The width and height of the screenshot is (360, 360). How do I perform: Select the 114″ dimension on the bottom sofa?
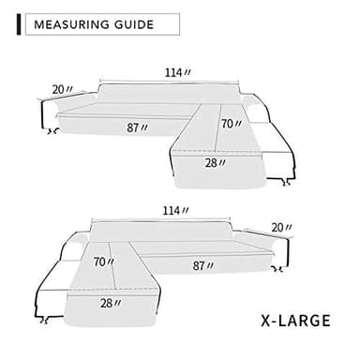tap(174, 211)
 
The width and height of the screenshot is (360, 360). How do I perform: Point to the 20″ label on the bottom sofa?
tap(281, 228)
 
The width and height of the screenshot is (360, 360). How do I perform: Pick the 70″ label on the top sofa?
tap(230, 123)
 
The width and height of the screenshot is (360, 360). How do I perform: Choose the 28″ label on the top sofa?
tap(216, 162)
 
